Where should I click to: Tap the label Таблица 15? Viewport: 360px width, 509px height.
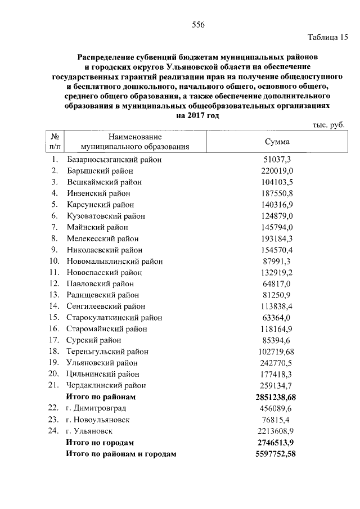(x=327, y=37)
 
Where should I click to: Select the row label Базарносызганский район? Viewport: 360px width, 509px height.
(x=114, y=160)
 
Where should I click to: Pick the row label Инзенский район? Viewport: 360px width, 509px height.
(x=100, y=193)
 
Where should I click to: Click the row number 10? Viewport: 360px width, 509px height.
(x=54, y=261)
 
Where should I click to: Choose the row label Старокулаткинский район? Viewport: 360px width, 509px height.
(x=114, y=317)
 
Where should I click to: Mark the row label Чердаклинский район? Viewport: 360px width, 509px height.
(x=106, y=385)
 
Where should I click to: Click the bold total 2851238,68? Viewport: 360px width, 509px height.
(x=276, y=397)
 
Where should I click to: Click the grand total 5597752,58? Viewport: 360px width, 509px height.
(x=276, y=453)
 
